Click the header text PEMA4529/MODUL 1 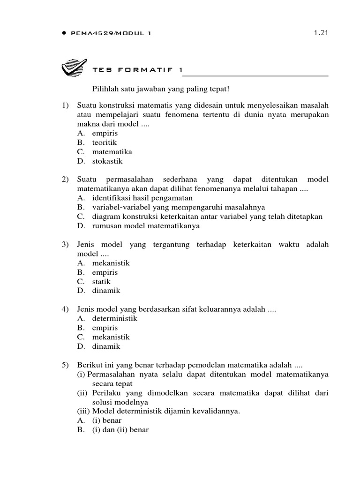[111, 33]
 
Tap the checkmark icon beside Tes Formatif [74, 68]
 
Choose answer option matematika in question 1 [112, 152]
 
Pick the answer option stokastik [107, 161]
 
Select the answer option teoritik [105, 142]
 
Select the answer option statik [102, 281]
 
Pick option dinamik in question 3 [106, 291]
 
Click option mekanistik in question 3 [111, 263]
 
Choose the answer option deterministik [114, 319]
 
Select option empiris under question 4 [105, 328]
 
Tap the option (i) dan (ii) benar [120, 430]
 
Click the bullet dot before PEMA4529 [63, 33]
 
